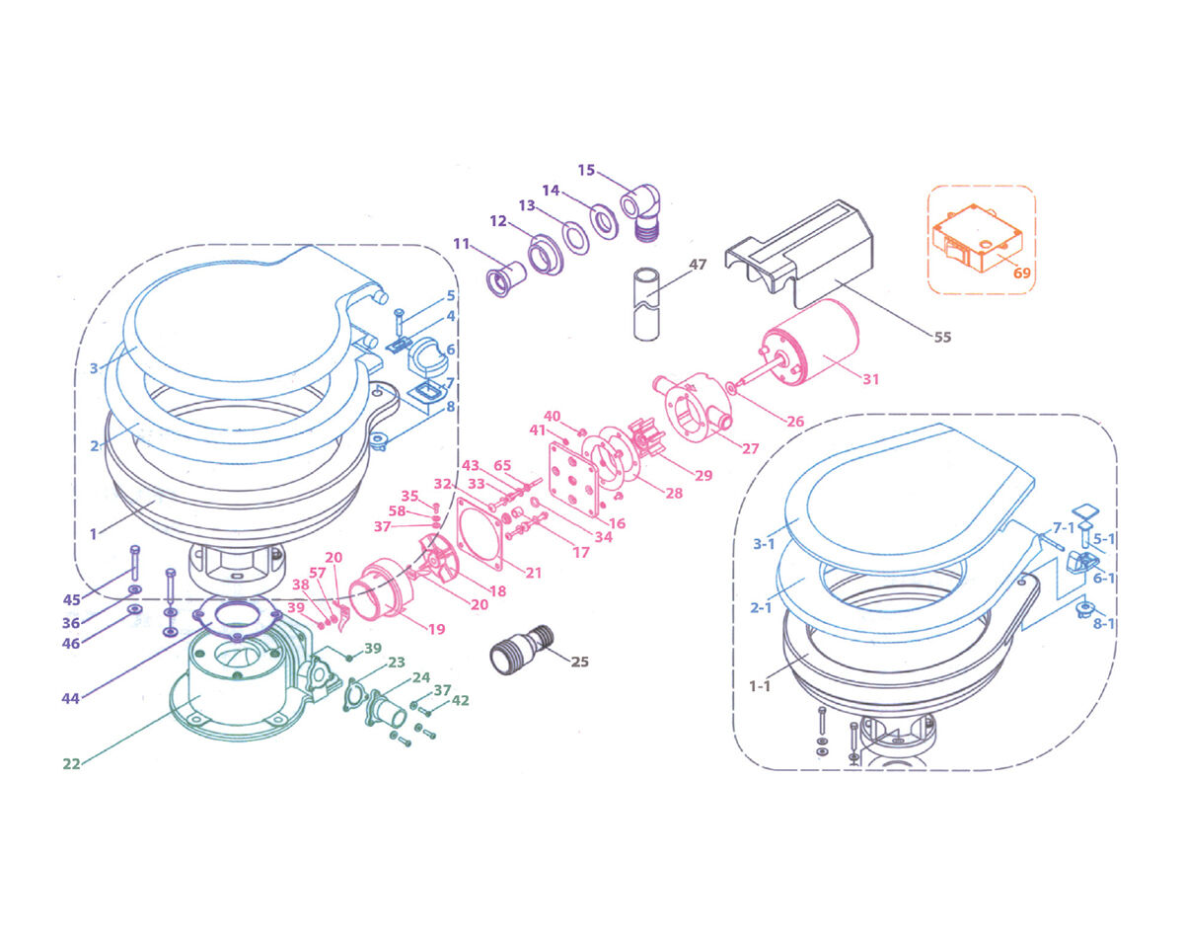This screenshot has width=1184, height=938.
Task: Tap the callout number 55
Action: (x=942, y=337)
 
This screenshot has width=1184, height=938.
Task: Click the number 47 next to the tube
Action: (x=698, y=265)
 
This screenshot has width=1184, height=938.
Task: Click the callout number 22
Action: (x=71, y=763)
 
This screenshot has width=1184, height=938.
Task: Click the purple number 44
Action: (x=69, y=698)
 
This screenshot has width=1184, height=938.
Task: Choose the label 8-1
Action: (x=1103, y=623)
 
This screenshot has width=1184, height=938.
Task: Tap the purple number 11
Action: (x=462, y=243)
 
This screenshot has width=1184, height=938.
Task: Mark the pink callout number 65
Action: (x=503, y=464)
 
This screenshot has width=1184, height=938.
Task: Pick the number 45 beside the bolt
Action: (x=71, y=599)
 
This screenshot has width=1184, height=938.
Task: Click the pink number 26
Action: (x=795, y=421)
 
